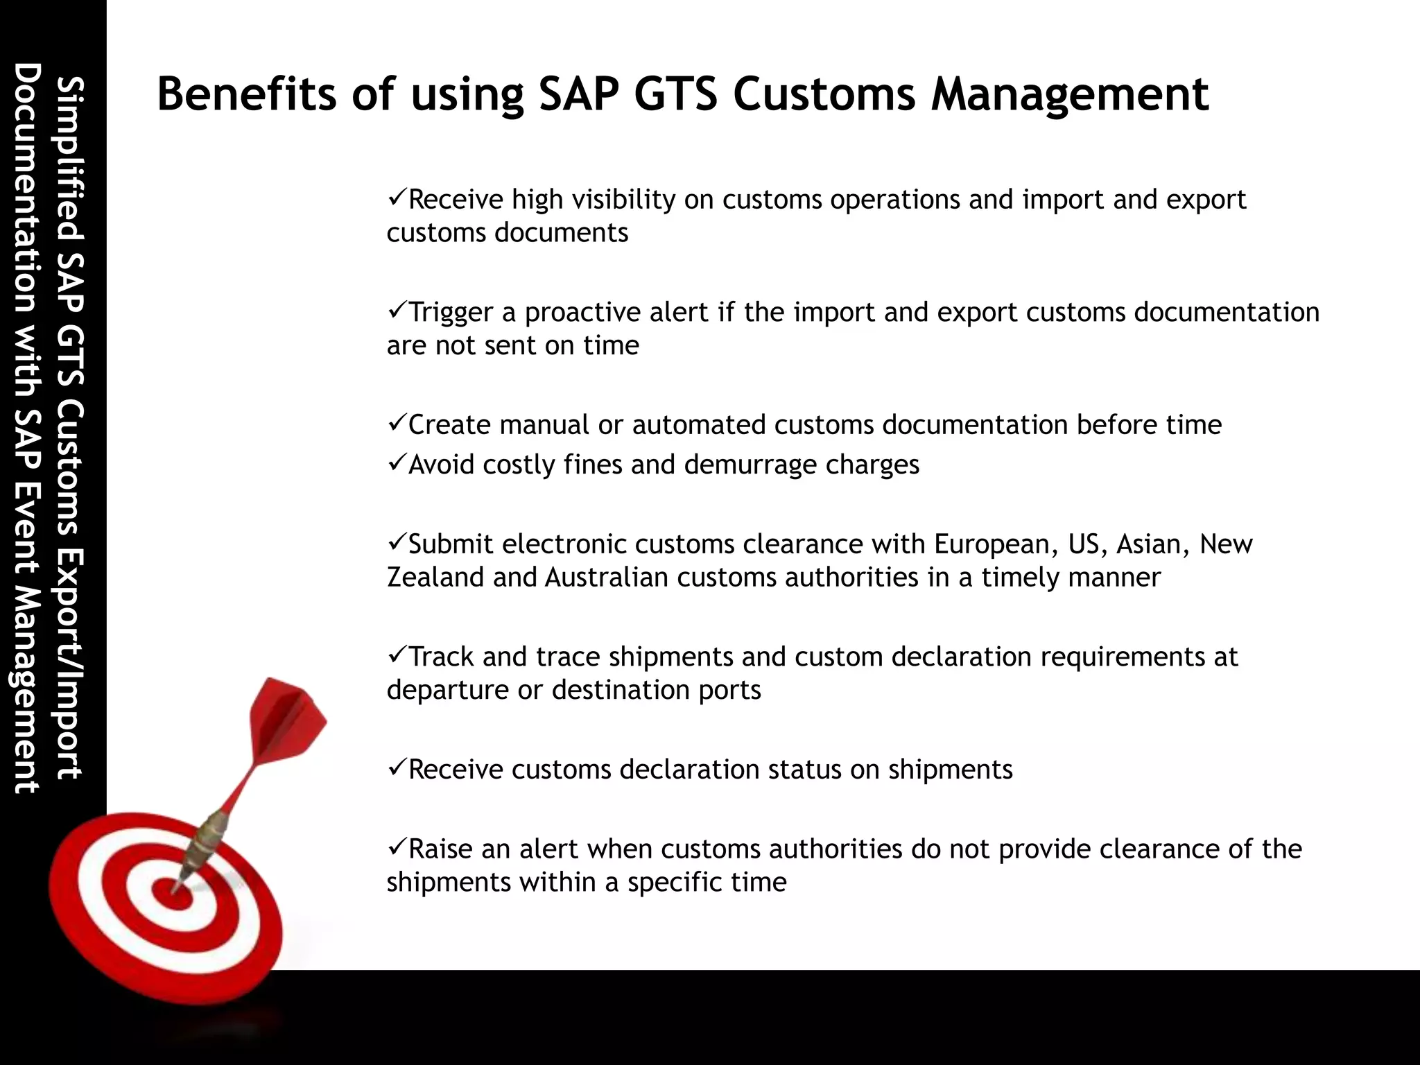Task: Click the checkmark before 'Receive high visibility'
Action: [x=397, y=198]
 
